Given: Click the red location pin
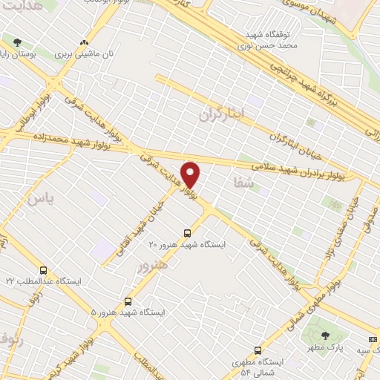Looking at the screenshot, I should pyautogui.click(x=191, y=174).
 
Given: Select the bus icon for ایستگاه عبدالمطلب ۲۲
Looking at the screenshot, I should pyautogui.click(x=43, y=271).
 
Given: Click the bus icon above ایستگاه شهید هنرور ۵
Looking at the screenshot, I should pyautogui.click(x=128, y=301).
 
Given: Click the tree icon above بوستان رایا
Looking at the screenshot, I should pyautogui.click(x=18, y=42).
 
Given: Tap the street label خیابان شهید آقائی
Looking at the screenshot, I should pyautogui.click(x=142, y=215).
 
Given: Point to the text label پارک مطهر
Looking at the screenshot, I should pyautogui.click(x=324, y=347).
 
